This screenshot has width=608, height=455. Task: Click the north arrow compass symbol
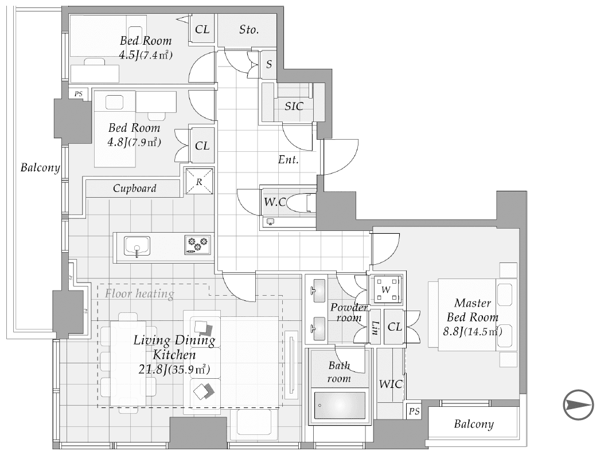pos(578,405)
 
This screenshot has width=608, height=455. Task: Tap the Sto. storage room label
pos(248,29)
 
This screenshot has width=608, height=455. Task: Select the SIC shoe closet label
pos(294,106)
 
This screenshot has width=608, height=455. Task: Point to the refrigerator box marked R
pos(199,181)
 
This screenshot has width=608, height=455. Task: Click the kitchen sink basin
pos(137,246)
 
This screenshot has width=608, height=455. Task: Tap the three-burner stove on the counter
pos(198,245)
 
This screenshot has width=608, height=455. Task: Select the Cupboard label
pos(135,188)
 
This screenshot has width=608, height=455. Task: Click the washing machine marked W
pos(386,289)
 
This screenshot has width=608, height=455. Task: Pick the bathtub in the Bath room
pos(340,406)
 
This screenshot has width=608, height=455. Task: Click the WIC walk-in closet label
pos(391,384)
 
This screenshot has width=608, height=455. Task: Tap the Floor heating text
pos(139,293)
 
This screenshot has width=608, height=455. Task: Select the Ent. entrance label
pos(289,159)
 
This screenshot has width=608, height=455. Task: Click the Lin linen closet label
pos(375,328)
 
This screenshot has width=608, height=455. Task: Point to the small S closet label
pos(269,64)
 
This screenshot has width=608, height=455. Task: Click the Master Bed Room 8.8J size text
pos(472,331)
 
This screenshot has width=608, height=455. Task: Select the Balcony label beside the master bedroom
pos(474,424)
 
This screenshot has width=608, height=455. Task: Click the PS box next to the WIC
pos(414,411)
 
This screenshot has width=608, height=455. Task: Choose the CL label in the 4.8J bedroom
pos(202,146)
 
